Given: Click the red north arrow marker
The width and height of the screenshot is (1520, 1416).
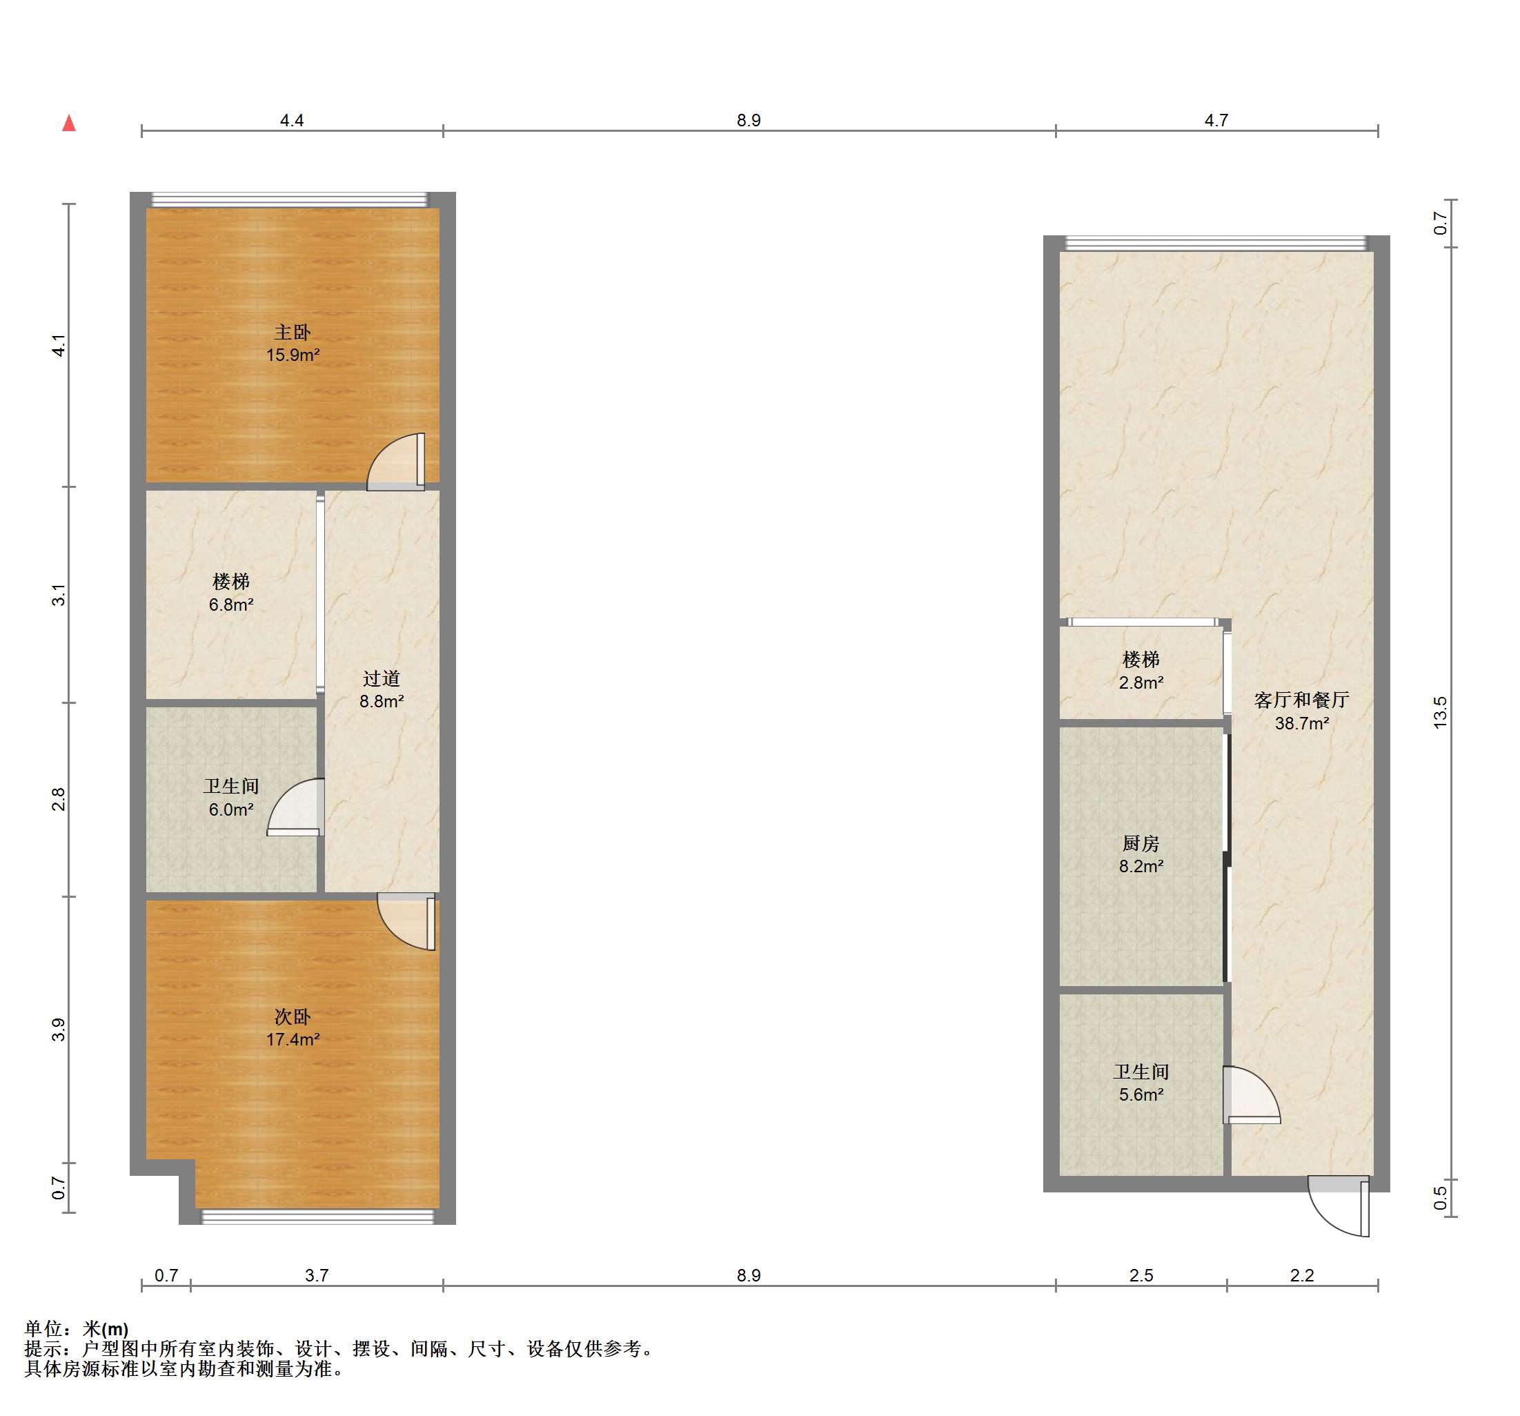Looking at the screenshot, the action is pos(69,122).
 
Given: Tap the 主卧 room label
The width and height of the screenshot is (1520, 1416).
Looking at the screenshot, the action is pos(292,333).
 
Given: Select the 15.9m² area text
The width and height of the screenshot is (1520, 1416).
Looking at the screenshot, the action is pos(293,355).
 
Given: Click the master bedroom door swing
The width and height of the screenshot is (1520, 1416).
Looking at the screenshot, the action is pos(396,462).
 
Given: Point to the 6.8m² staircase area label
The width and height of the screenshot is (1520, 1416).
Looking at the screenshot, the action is pos(231,604).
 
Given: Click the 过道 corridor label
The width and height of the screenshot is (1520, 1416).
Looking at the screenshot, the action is pos(382,678).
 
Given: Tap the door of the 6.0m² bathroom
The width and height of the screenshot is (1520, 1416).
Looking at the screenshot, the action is pos(296,807).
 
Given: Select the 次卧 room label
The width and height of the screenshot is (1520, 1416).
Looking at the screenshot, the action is pos(292,1017).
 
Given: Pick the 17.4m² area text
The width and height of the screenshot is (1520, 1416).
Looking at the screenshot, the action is pos(293,1039).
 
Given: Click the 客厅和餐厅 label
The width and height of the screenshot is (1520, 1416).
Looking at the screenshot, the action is pos(1301,700).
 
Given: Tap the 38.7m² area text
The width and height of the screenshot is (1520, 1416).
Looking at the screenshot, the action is pos(1301,723).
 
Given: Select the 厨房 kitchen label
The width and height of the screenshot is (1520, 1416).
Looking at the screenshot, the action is pos(1141,843).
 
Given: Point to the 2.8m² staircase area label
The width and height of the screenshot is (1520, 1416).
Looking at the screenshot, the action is pos(1141,682).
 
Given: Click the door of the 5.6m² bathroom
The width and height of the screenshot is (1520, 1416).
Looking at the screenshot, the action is pos(1252,1095).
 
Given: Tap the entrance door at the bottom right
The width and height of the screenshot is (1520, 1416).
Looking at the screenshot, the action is pos(1339,1206).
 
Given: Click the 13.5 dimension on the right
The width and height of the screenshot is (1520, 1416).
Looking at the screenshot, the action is pos(1441,712).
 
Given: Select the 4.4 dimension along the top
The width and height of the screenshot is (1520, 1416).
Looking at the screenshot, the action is pos(291,120).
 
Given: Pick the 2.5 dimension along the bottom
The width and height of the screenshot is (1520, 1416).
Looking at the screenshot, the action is pos(1141,1275).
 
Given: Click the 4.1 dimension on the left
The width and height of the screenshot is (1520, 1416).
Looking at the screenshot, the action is pos(59,345).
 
